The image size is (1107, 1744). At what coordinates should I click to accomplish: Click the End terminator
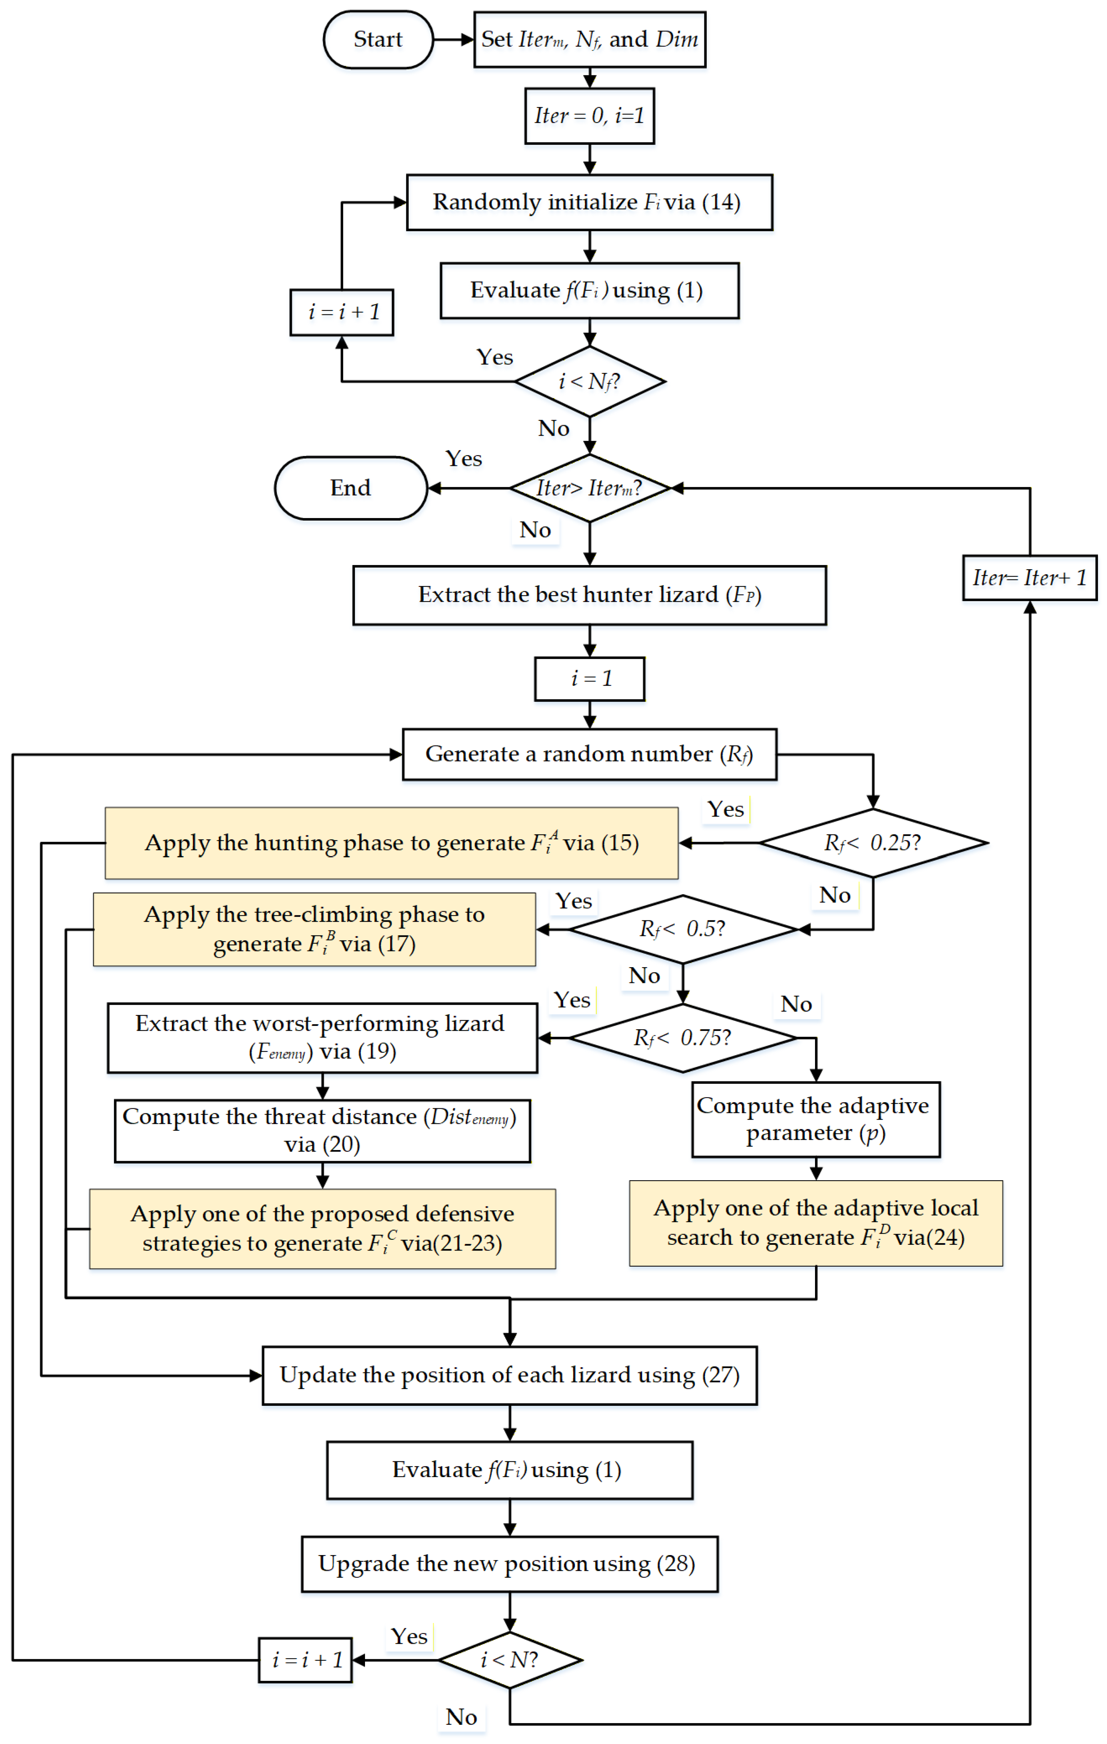(x=350, y=488)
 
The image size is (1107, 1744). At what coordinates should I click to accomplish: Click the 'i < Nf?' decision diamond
(x=590, y=382)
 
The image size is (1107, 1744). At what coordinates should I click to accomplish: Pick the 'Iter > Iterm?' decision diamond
(x=590, y=488)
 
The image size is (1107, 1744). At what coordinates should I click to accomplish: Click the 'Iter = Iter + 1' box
(x=1030, y=578)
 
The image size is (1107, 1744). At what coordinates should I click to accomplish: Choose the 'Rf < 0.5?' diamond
(x=682, y=929)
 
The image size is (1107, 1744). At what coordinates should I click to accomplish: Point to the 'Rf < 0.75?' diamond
(x=682, y=1038)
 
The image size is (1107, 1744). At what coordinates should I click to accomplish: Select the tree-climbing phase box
(x=315, y=929)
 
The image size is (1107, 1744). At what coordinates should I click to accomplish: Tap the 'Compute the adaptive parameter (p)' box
(x=816, y=1120)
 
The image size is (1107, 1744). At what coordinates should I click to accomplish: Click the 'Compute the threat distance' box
(x=322, y=1131)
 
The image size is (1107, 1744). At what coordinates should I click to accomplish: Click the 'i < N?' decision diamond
(x=510, y=1660)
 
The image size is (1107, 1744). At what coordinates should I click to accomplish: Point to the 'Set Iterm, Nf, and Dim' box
(x=590, y=40)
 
